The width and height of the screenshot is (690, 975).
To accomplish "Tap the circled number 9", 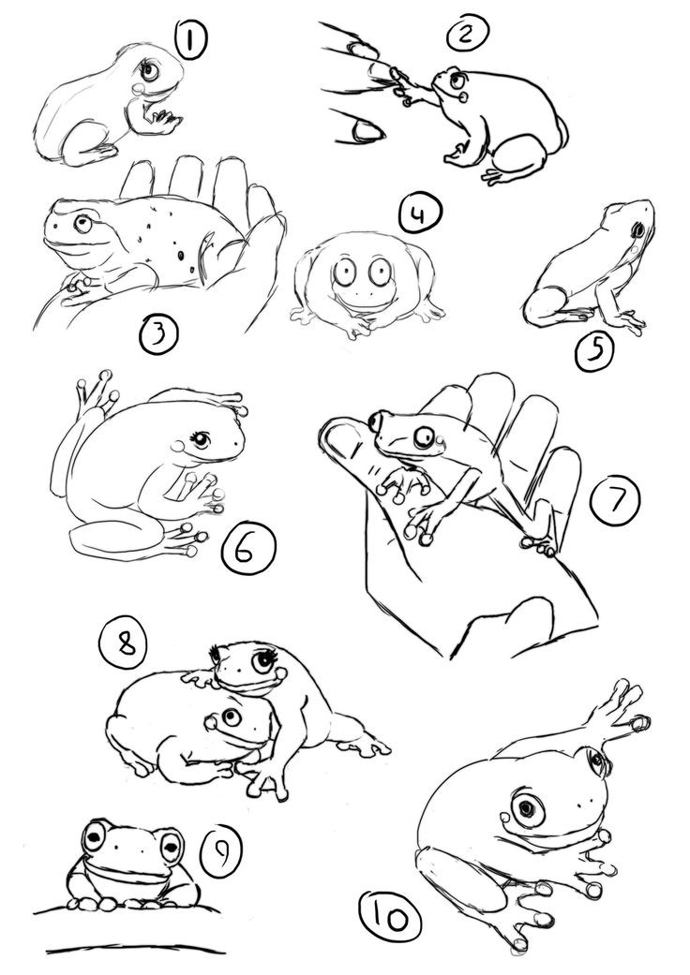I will (219, 851).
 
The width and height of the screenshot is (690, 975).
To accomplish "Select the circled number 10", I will (387, 917).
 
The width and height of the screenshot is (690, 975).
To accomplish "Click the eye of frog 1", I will (151, 70).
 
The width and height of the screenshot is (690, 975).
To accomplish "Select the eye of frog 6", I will (202, 438).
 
